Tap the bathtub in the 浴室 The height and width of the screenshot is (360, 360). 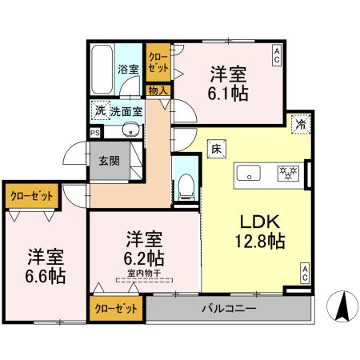(x=102, y=70)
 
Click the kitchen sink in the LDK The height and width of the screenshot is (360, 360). (x=248, y=172)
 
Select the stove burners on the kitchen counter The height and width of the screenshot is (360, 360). (x=287, y=172)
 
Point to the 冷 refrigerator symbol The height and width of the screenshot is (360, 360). (x=302, y=124)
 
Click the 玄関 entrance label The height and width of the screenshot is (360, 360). (x=109, y=159)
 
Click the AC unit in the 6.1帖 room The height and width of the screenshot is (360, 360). (x=278, y=54)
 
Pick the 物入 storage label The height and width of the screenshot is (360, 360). (x=158, y=90)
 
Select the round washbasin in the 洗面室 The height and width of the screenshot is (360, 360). (x=132, y=131)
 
